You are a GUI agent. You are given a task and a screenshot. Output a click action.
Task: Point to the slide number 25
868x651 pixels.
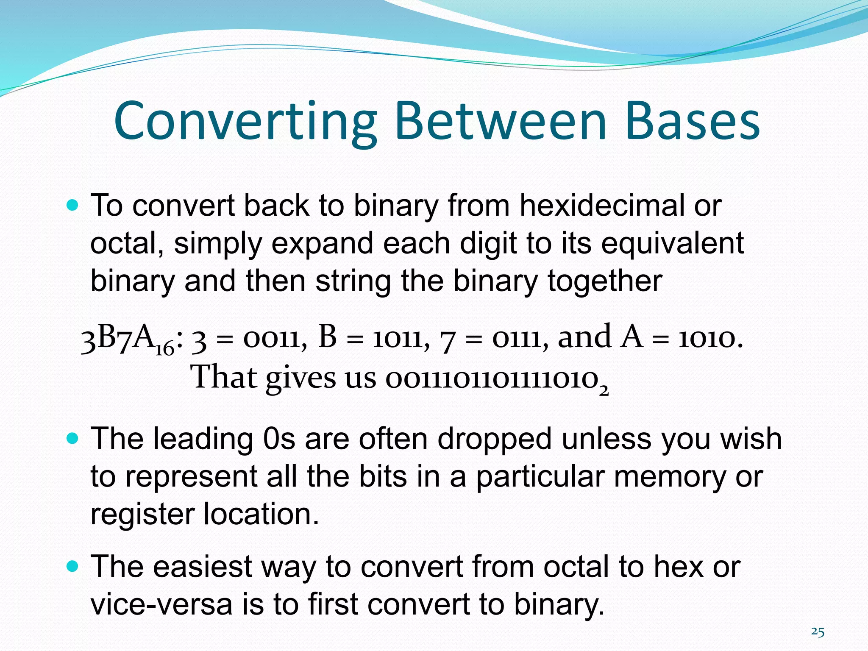point(818,632)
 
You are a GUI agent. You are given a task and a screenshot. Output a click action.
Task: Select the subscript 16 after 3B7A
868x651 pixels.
point(165,349)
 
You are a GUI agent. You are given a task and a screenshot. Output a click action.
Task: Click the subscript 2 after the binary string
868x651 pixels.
point(604,391)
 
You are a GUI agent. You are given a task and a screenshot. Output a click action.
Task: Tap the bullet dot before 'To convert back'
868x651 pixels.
point(73,206)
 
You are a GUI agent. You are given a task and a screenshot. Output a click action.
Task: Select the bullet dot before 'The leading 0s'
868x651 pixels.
point(73,439)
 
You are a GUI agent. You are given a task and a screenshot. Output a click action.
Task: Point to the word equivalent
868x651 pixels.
point(672,244)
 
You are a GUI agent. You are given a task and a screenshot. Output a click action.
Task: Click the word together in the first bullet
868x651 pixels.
point(604,281)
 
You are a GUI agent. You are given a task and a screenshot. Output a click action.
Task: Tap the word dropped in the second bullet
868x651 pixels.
point(494,439)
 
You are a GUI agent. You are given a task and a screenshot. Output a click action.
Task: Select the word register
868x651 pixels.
point(142,514)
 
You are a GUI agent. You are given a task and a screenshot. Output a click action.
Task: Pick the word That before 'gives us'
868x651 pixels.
point(224,377)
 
